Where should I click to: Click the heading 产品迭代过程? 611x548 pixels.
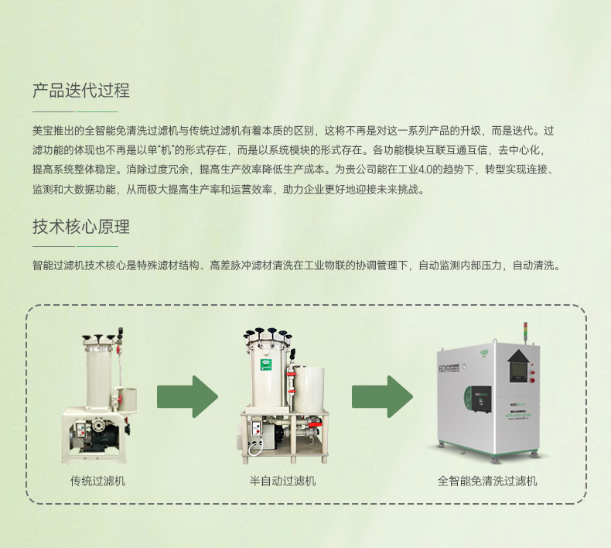tap(81, 90)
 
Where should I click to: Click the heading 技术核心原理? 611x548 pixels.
tap(81, 227)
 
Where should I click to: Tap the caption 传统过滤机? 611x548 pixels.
tap(97, 481)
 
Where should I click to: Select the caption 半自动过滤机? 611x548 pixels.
tap(282, 481)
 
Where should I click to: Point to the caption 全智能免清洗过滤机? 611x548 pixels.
tap(487, 481)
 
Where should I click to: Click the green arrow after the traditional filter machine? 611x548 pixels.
tap(187, 396)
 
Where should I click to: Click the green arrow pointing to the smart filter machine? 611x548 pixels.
tap(382, 396)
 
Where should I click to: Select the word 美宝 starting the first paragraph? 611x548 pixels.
tap(43, 131)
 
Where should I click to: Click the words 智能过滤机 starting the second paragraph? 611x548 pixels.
tap(59, 265)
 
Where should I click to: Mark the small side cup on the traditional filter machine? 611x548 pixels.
tap(127, 399)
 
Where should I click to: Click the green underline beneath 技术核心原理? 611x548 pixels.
tap(97, 246)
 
